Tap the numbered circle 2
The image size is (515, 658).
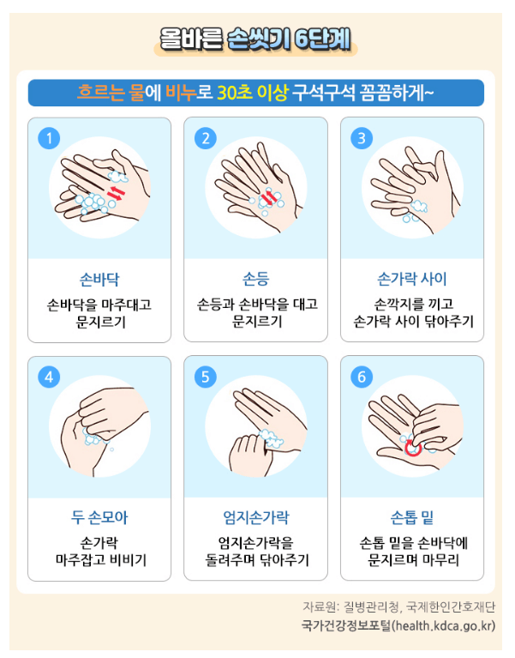pyautogui.click(x=206, y=138)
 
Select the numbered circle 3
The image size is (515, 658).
pyautogui.click(x=362, y=138)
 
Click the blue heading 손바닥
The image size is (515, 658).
pyautogui.click(x=99, y=280)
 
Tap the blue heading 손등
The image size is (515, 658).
pyautogui.click(x=256, y=280)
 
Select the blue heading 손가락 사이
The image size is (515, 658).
pyautogui.click(x=412, y=280)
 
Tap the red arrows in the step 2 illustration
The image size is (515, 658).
pyautogui.click(x=269, y=198)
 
